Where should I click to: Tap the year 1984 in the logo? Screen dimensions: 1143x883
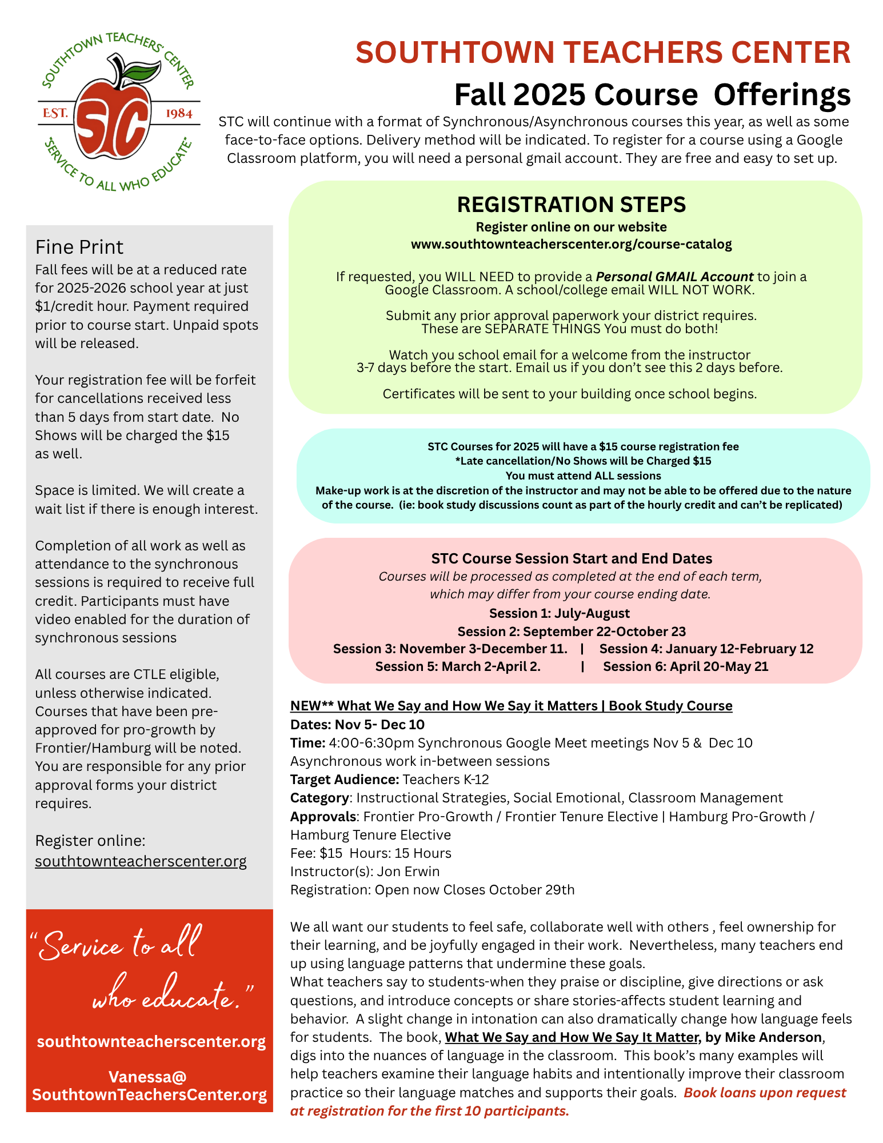(x=179, y=113)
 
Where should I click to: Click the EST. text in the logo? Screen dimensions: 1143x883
(x=55, y=113)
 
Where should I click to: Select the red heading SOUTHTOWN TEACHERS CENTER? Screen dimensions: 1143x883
(x=603, y=53)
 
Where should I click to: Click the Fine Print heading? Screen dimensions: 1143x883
(x=79, y=247)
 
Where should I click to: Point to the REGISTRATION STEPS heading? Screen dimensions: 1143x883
(x=571, y=205)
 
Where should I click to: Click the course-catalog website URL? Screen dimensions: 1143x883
(x=571, y=245)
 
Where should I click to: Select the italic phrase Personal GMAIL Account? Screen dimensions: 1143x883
(x=674, y=277)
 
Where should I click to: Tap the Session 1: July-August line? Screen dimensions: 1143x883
(x=559, y=613)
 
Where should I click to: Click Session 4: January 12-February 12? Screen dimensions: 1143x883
(x=706, y=649)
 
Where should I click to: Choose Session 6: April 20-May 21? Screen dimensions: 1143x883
(x=685, y=666)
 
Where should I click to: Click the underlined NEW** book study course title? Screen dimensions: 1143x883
(x=511, y=706)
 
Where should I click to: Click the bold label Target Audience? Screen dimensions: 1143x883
(x=344, y=780)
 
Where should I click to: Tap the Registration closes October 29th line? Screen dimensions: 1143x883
(x=432, y=890)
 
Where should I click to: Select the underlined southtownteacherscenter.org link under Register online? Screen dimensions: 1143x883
(x=141, y=861)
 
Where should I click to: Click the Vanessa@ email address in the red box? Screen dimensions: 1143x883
(x=149, y=1085)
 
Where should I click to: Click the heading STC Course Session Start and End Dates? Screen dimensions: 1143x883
(x=571, y=558)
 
